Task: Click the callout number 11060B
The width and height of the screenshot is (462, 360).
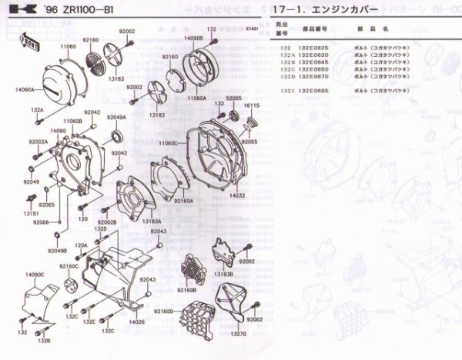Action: pos(72,122)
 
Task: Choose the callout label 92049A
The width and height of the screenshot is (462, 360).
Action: pos(116,117)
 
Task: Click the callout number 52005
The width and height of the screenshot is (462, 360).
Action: pos(234,99)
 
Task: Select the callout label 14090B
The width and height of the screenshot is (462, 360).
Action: pos(194,37)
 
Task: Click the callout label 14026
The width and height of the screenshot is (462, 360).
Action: pos(137,322)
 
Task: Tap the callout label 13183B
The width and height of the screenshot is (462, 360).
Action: pos(223,274)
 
